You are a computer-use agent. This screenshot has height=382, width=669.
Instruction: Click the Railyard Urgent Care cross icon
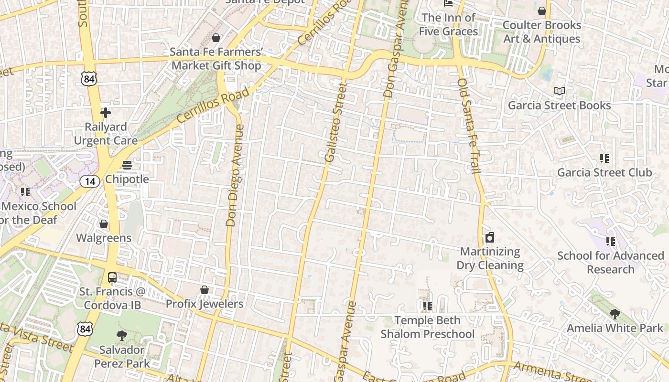(106, 113)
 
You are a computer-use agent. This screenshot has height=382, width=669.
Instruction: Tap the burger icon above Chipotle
(127, 165)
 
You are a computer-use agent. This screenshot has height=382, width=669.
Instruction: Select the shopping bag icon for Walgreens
(104, 224)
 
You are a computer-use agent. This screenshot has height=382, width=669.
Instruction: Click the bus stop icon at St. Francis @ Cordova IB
(112, 277)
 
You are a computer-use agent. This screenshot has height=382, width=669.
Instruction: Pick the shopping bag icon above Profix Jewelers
(205, 290)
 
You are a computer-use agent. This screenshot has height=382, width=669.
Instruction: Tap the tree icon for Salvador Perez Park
(122, 336)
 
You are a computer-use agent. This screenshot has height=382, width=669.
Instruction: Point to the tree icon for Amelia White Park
(615, 314)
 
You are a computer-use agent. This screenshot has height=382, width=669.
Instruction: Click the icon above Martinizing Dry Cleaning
(490, 237)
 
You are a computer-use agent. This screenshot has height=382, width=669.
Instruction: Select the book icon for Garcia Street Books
(559, 91)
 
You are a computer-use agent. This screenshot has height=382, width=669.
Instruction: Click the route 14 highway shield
(90, 181)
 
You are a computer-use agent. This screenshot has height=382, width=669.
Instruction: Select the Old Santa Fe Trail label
(468, 126)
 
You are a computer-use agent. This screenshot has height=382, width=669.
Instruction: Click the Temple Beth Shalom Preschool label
(427, 327)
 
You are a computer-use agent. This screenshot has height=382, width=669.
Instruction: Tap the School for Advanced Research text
(611, 262)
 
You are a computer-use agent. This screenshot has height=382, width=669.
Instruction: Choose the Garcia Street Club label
(604, 172)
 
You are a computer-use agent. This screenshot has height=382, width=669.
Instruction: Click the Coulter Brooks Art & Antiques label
(542, 32)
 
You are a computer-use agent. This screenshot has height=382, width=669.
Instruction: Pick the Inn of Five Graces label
(448, 24)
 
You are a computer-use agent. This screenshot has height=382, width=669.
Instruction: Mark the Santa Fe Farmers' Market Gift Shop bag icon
(216, 38)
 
